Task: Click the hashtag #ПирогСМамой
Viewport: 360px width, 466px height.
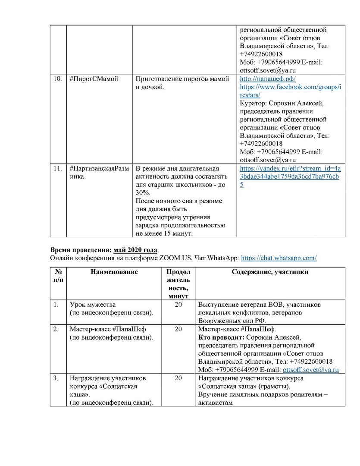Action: click(94, 79)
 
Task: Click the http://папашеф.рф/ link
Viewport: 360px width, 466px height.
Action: click(267, 79)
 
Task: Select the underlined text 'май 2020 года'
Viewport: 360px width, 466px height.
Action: click(136, 250)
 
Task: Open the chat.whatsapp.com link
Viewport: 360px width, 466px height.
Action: click(279, 258)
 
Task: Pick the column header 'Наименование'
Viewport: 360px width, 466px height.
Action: click(114, 272)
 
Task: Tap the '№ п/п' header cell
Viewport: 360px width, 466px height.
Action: click(58, 276)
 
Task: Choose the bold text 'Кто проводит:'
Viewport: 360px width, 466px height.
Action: click(219, 337)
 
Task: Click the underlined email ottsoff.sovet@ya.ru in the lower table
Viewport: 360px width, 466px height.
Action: click(310, 370)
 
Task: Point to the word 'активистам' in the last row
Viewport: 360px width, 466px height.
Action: click(216, 403)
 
